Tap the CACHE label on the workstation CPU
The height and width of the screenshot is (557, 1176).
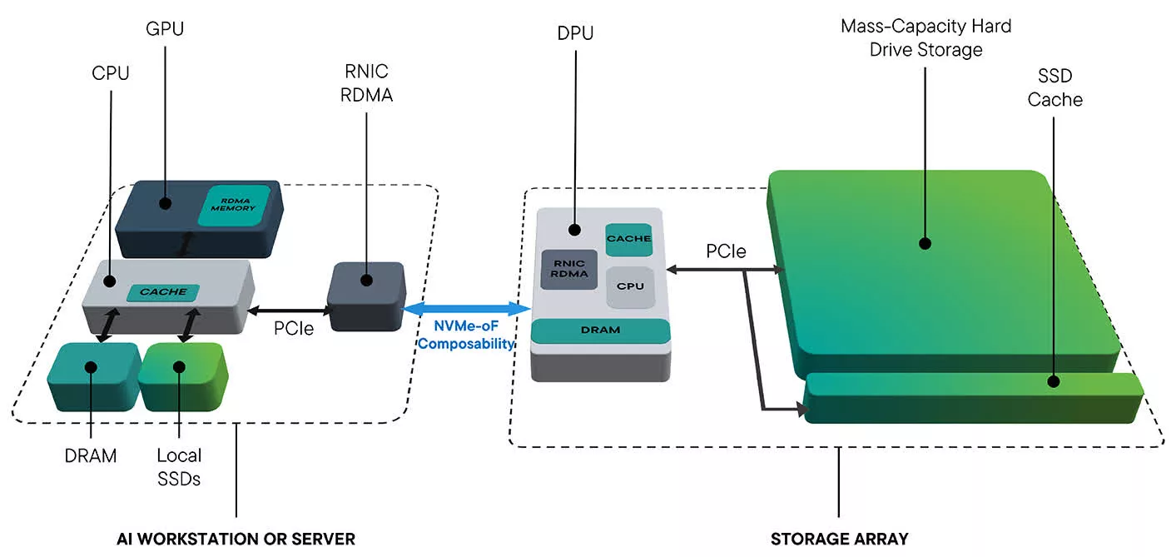pos(163,291)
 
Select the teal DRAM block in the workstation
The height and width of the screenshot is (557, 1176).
pos(93,375)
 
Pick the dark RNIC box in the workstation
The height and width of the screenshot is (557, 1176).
pos(366,296)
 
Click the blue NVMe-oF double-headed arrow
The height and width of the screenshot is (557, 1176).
pos(467,309)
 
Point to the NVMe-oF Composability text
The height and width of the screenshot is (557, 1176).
pos(467,335)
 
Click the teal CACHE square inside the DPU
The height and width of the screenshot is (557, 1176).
pos(628,239)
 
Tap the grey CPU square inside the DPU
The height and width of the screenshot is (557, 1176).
pos(629,286)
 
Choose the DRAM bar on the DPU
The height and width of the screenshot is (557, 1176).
pos(600,331)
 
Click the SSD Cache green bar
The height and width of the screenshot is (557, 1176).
pos(972,397)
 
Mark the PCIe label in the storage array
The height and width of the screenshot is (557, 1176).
pos(726,251)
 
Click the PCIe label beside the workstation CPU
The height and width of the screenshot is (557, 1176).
pos(294,329)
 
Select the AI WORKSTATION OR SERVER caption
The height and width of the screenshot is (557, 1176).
pos(236,539)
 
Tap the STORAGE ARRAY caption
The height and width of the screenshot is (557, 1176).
pos(839,539)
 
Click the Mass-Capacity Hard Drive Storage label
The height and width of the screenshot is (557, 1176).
pos(925,38)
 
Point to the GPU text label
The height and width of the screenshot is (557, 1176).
pos(164,29)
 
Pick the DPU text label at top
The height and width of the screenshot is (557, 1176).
pos(574,34)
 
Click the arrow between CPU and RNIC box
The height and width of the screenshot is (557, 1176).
pos(291,309)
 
